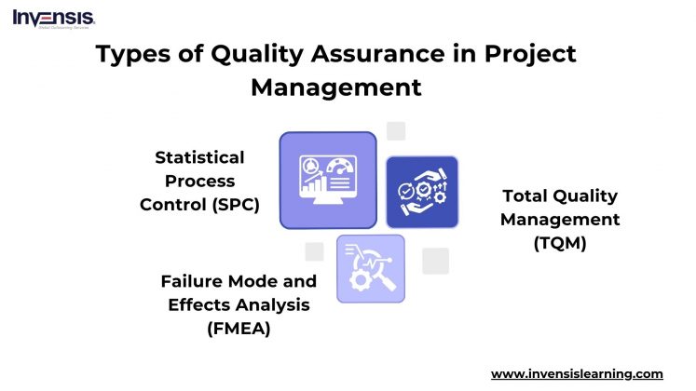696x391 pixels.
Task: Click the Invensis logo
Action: pos(53,19)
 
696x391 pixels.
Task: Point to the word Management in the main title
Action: pos(336,88)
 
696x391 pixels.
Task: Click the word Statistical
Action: pos(199,157)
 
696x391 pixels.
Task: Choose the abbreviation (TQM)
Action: pos(560,242)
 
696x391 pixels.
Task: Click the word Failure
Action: pos(191,281)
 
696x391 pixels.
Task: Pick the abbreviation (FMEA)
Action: pos(239,327)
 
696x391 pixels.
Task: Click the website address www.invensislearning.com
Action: pos(577,373)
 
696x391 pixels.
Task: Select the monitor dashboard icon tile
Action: pos(328,180)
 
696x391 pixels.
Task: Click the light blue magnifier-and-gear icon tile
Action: pos(370,268)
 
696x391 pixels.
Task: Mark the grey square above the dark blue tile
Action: pos(396,131)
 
